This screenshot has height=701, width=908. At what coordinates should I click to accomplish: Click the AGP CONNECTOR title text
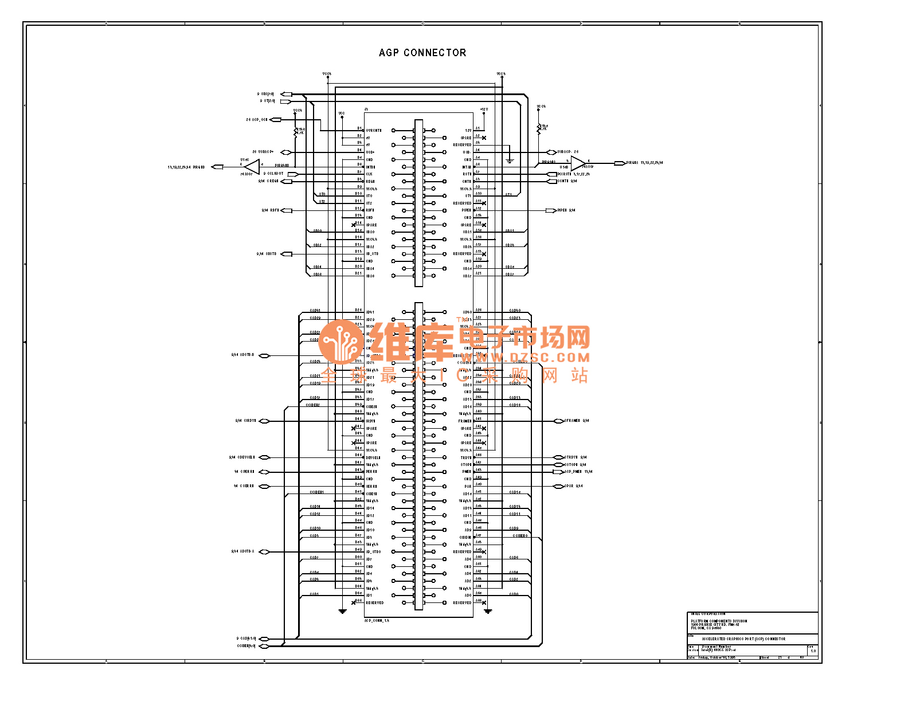(x=422, y=53)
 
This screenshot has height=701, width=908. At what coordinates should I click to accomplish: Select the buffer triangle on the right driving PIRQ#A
(x=577, y=163)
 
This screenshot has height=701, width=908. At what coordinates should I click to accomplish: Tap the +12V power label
(x=484, y=109)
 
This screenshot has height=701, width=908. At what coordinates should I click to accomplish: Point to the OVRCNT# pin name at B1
(x=374, y=131)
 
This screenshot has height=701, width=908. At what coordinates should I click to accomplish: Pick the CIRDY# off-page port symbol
(x=264, y=421)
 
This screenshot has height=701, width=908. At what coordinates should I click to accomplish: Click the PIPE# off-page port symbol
(x=551, y=210)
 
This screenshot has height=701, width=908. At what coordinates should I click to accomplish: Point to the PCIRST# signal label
(x=565, y=174)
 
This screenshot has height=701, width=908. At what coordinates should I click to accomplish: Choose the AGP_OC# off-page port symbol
(x=275, y=120)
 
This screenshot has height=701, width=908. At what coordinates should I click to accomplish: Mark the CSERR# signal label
(x=247, y=486)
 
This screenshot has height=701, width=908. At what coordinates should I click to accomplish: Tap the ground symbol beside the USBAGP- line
(x=510, y=162)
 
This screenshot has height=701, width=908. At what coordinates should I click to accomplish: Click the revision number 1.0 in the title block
(x=813, y=651)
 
